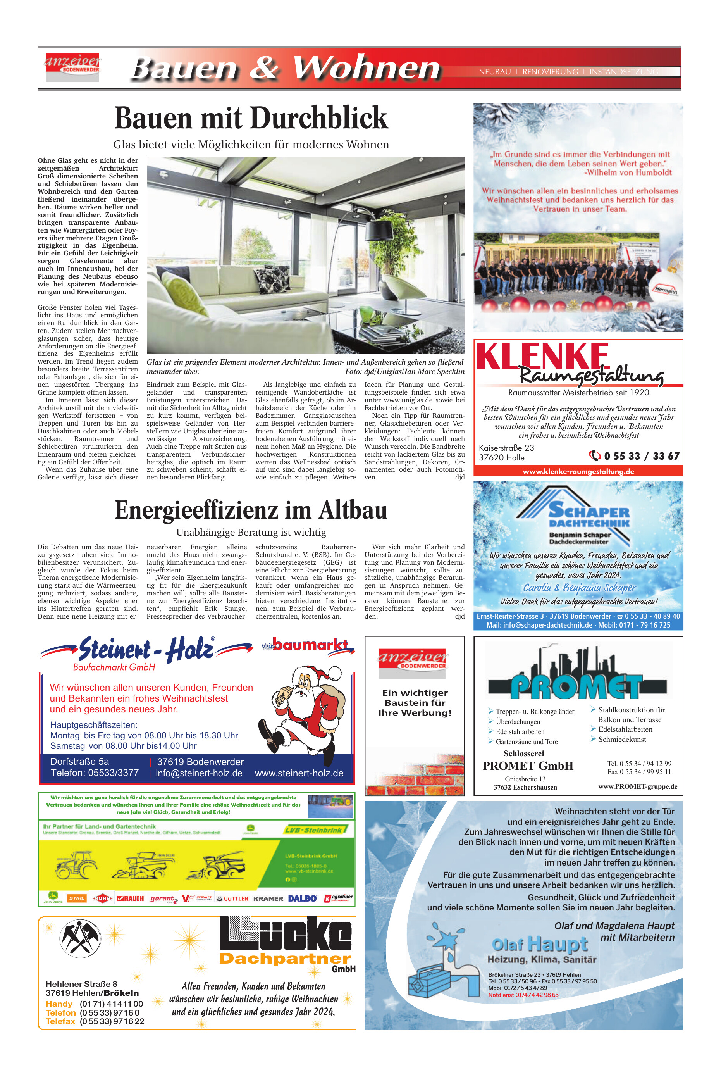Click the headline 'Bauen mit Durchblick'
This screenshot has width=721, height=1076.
pyautogui.click(x=251, y=118)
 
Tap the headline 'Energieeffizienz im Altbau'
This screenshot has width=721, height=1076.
pyautogui.click(x=251, y=510)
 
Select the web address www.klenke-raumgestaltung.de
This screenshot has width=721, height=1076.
pyautogui.click(x=578, y=472)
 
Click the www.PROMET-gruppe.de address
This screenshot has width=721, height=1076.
pyautogui.click(x=637, y=786)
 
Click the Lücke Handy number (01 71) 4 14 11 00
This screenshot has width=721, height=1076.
pyautogui.click(x=111, y=1004)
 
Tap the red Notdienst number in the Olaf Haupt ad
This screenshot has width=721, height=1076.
pyautogui.click(x=523, y=995)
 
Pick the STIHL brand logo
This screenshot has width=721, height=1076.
pyautogui.click(x=77, y=898)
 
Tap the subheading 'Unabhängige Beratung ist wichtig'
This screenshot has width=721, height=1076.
pyautogui.click(x=251, y=532)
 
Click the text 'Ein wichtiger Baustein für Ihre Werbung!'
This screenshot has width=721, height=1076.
pyautogui.click(x=415, y=702)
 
